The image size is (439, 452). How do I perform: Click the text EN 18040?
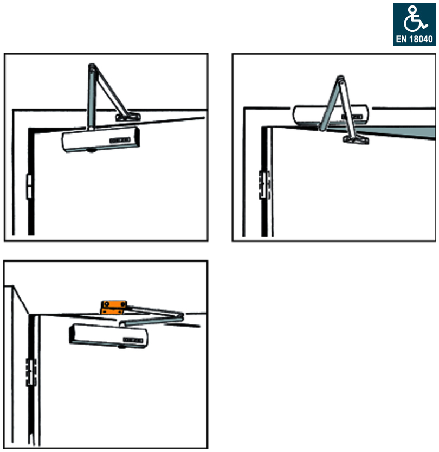[x=414, y=39]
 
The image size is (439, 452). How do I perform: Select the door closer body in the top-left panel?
[x=101, y=140]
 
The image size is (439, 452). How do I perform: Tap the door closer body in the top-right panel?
[x=331, y=114]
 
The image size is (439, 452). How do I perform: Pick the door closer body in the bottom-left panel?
[x=108, y=336]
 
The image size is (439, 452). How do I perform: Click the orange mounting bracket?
[x=113, y=308]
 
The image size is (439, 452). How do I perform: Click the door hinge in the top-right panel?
[x=264, y=185]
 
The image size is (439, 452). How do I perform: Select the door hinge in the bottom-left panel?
[x=31, y=372]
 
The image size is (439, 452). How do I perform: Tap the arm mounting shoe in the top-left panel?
[x=128, y=117]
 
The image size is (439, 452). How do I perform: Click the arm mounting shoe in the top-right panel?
[x=356, y=140]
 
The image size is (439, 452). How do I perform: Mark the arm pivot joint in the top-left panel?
[x=92, y=67]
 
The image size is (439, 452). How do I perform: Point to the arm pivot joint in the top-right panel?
[x=340, y=78]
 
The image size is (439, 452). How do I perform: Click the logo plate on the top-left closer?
[x=120, y=141]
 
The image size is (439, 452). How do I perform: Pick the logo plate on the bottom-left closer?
[x=133, y=340]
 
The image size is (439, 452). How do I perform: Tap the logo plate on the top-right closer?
[x=352, y=117]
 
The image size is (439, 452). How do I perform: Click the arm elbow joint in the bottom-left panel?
[x=180, y=317]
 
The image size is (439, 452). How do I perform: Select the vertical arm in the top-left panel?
[x=91, y=97]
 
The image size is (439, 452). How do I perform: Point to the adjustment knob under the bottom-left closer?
[x=122, y=347]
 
